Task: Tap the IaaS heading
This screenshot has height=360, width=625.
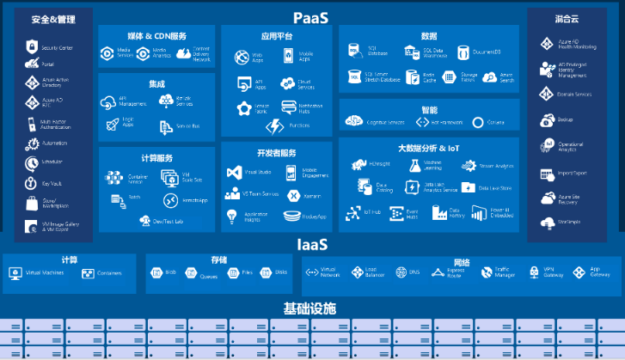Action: pyautogui.click(x=311, y=245)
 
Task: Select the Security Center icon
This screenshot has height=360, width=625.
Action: pyautogui.click(x=32, y=47)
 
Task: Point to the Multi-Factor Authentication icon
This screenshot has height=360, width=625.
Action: pyautogui.click(x=32, y=124)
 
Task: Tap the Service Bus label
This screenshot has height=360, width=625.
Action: pyautogui.click(x=187, y=126)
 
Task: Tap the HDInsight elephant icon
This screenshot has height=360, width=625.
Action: pyautogui.click(x=357, y=163)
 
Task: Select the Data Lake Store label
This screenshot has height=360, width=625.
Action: pyautogui.click(x=496, y=187)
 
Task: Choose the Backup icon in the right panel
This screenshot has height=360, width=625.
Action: pyautogui.click(x=546, y=120)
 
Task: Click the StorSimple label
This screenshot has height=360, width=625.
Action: pyautogui.click(x=570, y=223)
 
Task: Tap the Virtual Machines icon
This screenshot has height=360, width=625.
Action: pyautogui.click(x=15, y=274)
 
